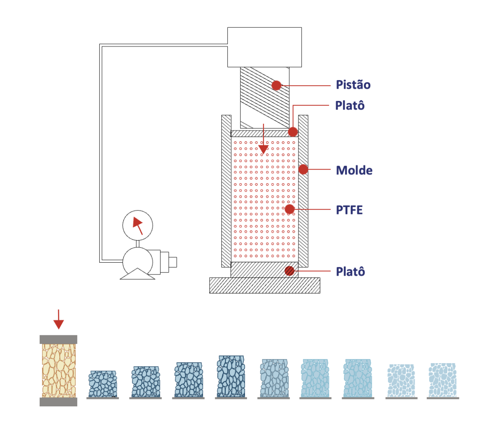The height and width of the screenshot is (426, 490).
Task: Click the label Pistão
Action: pyautogui.click(x=353, y=85)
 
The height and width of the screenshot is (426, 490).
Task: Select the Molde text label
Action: pyautogui.click(x=354, y=170)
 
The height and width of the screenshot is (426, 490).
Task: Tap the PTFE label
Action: pyautogui.click(x=349, y=210)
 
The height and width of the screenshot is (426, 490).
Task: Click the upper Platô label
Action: pyautogui.click(x=350, y=105)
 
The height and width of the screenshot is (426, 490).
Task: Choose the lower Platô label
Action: pyautogui.click(x=350, y=272)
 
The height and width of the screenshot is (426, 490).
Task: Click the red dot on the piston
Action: pyautogui.click(x=276, y=85)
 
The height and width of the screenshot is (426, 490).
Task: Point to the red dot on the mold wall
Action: pyautogui.click(x=303, y=170)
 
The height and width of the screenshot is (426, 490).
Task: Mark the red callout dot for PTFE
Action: pyautogui.click(x=290, y=210)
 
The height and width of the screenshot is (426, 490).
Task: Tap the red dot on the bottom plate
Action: pyautogui.click(x=290, y=271)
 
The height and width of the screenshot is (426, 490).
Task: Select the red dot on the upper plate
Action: pyautogui.click(x=293, y=132)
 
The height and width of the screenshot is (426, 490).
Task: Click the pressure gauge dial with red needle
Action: pyautogui.click(x=138, y=225)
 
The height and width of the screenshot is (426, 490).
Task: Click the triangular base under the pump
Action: pyautogui.click(x=138, y=274)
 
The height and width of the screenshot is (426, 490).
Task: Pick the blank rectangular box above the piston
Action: pyautogui.click(x=264, y=47)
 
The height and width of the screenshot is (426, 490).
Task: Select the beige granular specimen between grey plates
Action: pyautogui.click(x=59, y=370)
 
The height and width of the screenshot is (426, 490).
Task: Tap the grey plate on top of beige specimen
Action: pyautogui.click(x=58, y=339)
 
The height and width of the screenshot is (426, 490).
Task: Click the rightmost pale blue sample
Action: pyautogui.click(x=442, y=380)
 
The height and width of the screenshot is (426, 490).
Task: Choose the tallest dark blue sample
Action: pyautogui.click(x=231, y=376)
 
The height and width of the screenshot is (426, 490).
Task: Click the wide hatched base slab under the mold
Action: pyautogui.click(x=265, y=285)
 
